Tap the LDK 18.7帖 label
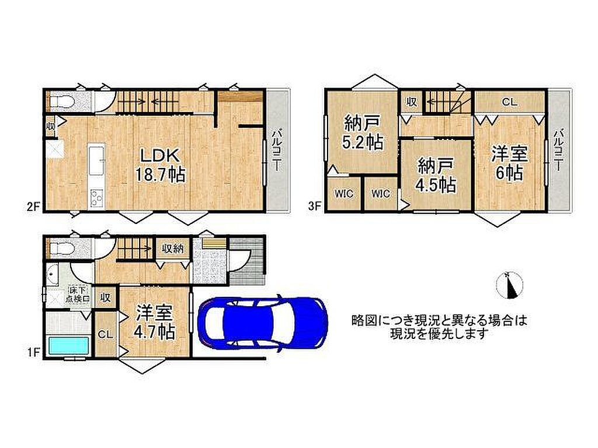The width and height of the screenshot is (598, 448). coord(160,165)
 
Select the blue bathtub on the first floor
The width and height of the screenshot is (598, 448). coord(68,346)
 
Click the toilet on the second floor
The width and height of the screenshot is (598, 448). coord(61,101)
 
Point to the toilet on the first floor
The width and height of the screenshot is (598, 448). coord(61,249)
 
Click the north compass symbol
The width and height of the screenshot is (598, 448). coord(509,285)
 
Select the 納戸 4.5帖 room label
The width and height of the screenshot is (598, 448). coord(436,176)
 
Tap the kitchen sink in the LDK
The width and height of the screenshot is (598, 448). coord(96,159)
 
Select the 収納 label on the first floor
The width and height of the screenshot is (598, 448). coord(173,249)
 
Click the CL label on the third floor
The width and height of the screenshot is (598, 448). coord(509,101)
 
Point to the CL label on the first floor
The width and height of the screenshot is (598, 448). coord(105,334)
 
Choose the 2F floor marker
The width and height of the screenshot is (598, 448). coord(33,206)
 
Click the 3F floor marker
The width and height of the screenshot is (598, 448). coord(315,206)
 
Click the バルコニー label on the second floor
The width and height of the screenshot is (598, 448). coord(277,150)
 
